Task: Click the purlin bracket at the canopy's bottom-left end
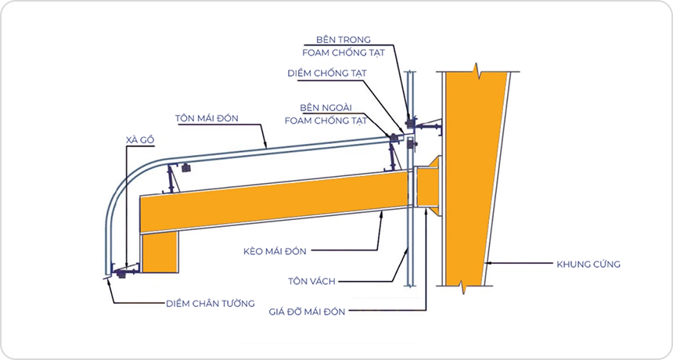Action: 124,271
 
